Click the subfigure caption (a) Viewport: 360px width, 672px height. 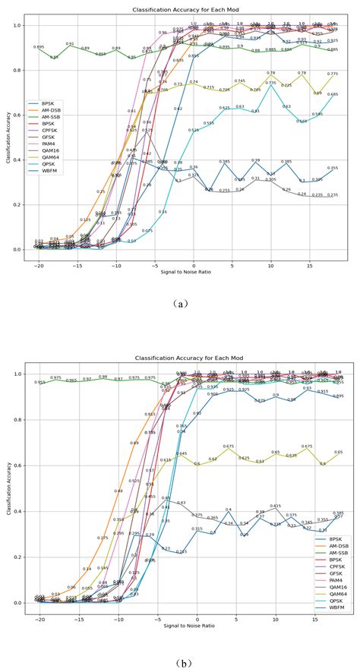click(x=180, y=303)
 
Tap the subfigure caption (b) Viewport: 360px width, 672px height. click(x=180, y=651)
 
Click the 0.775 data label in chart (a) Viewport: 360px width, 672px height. click(x=333, y=74)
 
